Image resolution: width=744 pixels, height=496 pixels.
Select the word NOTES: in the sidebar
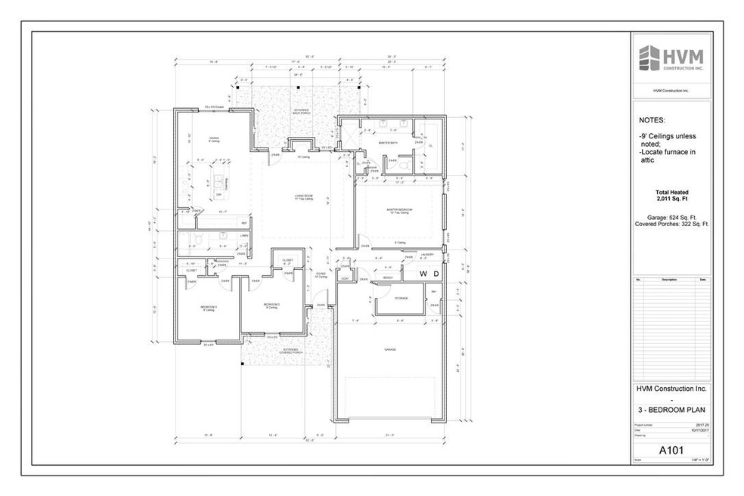[653, 120]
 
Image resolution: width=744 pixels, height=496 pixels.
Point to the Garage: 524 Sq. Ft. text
[671, 217]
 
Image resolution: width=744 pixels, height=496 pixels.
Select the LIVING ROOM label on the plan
[304, 197]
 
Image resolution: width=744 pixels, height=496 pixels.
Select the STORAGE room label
[401, 298]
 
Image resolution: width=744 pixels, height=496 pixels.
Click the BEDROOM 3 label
[209, 306]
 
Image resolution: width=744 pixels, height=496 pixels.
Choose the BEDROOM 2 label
[271, 305]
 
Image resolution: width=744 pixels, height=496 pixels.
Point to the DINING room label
[214, 138]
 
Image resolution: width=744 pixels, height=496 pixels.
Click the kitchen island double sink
[225, 181]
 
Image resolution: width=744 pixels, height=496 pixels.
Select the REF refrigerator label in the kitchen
[243, 223]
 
